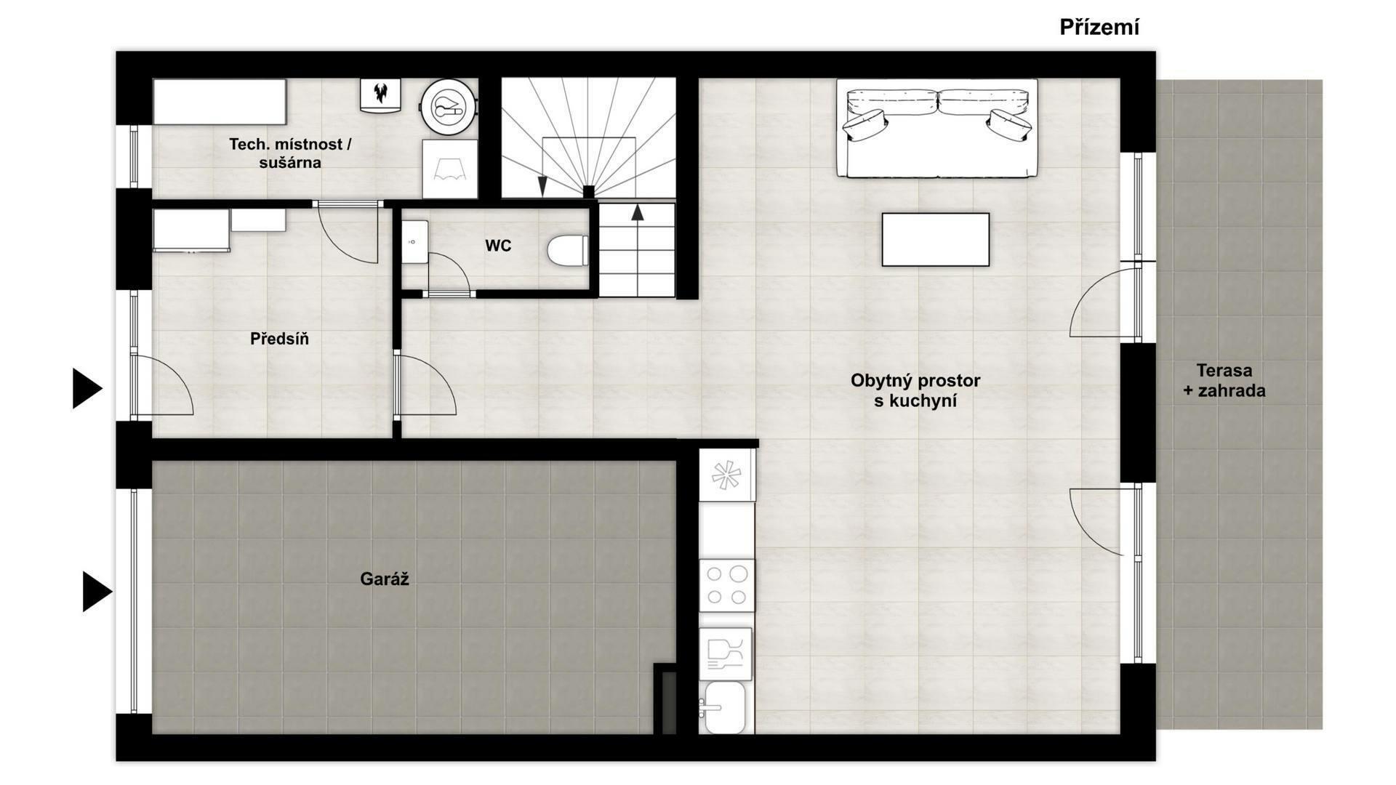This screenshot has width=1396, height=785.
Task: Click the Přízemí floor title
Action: pos(1099,28)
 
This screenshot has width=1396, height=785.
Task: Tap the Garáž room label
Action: pos(385,579)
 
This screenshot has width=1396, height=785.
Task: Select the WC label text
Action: pos(498,246)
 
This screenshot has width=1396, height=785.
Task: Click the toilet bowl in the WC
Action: pos(568,251)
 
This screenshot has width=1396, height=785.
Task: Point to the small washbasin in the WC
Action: pos(415,242)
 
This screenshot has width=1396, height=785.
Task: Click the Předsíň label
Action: pos(279,339)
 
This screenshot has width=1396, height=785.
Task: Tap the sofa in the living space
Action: pos(937,128)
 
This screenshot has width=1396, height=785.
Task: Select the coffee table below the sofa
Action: pos(936,239)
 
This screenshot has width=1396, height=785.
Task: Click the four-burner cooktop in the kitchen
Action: pos(726,586)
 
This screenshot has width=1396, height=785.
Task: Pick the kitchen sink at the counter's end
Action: pos(723,706)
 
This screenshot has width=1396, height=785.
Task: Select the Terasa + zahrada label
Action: pos(1224,380)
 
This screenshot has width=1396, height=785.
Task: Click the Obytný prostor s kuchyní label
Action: pos(915,390)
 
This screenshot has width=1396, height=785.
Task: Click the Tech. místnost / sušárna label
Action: pos(290,153)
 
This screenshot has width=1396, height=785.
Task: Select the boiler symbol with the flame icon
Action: pos(380,95)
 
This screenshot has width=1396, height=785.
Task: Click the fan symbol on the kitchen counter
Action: pos(726,475)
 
